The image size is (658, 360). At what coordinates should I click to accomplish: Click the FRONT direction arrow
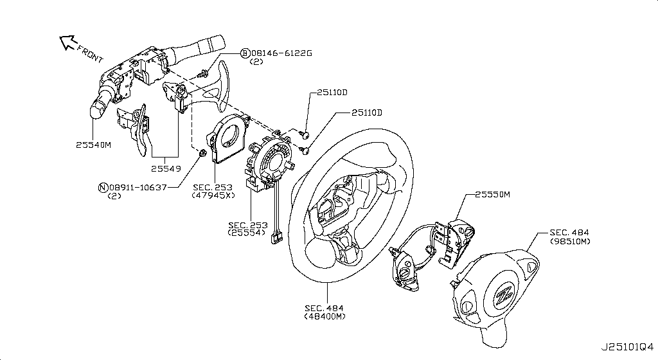67,42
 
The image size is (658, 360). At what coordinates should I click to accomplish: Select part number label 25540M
94,145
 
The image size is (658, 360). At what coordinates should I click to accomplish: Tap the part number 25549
166,168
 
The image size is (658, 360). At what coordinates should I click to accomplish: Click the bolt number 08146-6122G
281,53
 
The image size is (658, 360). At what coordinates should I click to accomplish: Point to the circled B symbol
245,53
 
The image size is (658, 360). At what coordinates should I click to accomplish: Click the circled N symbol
103,188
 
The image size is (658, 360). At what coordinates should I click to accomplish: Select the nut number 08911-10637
138,188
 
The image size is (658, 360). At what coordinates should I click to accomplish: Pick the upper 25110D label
332,93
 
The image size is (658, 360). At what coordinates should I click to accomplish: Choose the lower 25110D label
367,113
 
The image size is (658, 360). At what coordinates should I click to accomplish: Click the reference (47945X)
213,195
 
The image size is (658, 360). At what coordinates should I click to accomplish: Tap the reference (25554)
247,233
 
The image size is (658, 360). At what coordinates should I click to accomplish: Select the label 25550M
493,195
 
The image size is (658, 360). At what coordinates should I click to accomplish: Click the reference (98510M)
571,241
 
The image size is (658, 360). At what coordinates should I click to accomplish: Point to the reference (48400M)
325,316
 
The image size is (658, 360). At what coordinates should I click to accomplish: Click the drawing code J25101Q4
627,347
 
